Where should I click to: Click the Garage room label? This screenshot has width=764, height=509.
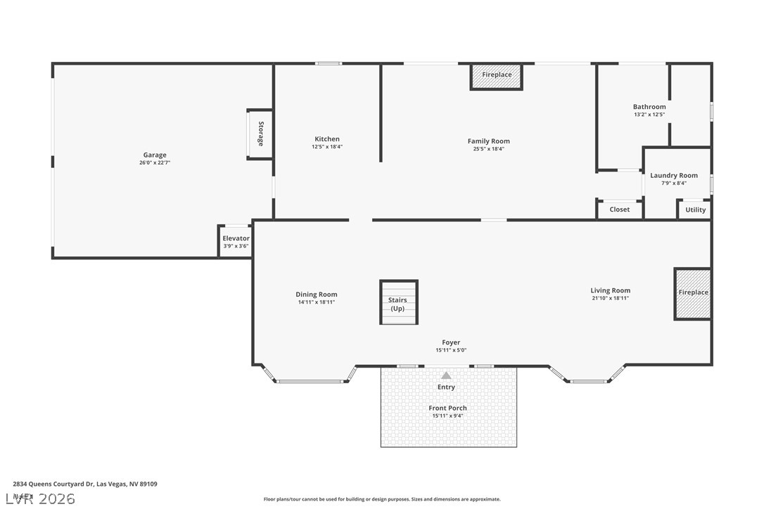pyautogui.click(x=155, y=155)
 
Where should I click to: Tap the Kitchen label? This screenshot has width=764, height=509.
pyautogui.click(x=326, y=139)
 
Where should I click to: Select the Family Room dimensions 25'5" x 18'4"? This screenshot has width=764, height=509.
pyautogui.click(x=488, y=149)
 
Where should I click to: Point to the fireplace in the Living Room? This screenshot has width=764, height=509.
pyautogui.click(x=693, y=293)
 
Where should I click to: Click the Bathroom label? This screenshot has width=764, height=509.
pyautogui.click(x=649, y=107)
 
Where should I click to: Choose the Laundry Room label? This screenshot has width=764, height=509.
pyautogui.click(x=673, y=176)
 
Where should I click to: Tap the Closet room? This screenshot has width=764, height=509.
pyautogui.click(x=619, y=210)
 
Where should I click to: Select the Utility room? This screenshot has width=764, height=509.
pyautogui.click(x=695, y=210)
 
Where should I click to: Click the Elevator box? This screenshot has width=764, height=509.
pyautogui.click(x=236, y=241)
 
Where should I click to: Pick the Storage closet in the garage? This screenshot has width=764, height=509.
pyautogui.click(x=260, y=134)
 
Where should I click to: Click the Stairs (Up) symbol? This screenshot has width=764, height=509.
pyautogui.click(x=399, y=303)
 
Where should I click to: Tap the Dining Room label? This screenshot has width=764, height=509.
pyautogui.click(x=316, y=295)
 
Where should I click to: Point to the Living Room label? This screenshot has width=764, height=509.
pyautogui.click(x=610, y=290)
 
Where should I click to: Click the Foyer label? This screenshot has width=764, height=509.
pyautogui.click(x=451, y=342)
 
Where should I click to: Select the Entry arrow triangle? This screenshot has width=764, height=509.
pyautogui.click(x=446, y=375)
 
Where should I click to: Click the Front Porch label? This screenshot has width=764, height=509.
pyautogui.click(x=447, y=408)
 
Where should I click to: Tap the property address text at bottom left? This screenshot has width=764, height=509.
pyautogui.click(x=84, y=484)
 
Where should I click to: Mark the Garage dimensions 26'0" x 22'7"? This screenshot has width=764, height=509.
pyautogui.click(x=155, y=163)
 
